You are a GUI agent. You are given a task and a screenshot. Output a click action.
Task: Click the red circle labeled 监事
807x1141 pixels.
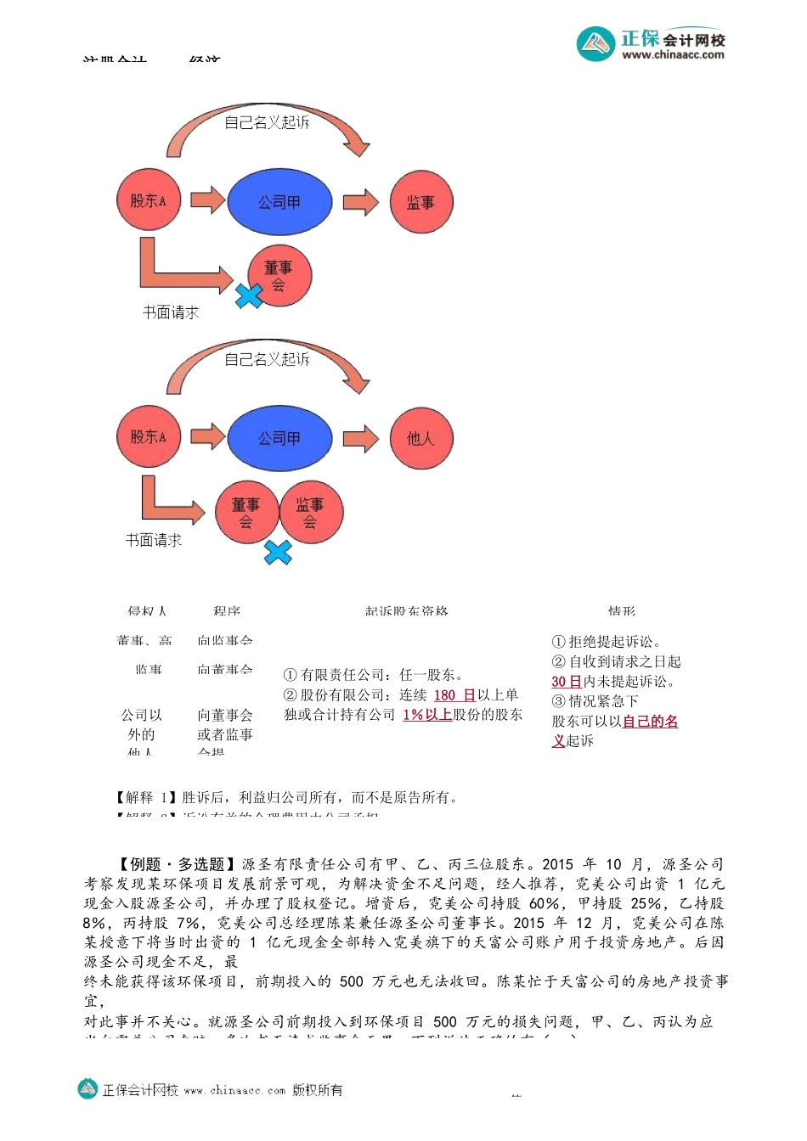coord(420,202)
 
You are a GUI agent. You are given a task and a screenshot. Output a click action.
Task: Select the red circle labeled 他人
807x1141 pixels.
coord(420,438)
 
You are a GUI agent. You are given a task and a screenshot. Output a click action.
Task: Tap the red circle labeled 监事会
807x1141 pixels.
coord(310,512)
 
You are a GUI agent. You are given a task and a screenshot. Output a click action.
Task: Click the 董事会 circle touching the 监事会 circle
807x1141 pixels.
coord(246,512)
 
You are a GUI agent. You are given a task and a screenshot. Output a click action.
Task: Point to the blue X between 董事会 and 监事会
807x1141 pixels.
coord(278,553)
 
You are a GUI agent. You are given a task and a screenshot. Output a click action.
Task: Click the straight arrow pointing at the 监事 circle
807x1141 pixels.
coord(360,202)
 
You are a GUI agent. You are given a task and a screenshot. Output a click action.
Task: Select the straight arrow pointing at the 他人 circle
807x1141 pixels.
coord(360,438)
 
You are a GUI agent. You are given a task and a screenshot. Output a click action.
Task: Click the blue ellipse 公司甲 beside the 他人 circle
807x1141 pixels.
coord(279,438)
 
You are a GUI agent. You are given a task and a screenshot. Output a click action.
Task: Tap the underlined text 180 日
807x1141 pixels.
coord(454,694)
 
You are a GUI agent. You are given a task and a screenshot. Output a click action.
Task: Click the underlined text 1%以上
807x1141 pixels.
coord(427,714)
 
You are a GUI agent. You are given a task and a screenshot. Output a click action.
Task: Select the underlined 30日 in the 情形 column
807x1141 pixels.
coord(566,681)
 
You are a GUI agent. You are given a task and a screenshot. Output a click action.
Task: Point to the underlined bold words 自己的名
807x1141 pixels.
coord(650,721)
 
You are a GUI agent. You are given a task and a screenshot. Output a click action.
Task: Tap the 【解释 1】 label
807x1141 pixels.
coord(146,797)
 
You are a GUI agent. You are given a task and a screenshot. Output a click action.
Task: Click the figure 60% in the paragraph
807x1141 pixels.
coord(544,903)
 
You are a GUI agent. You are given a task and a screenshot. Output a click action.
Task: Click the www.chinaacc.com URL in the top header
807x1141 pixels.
coord(673,54)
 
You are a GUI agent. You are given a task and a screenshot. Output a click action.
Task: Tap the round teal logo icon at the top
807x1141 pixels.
coord(595,43)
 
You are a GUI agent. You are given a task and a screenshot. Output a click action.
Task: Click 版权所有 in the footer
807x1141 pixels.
coord(317,1090)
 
